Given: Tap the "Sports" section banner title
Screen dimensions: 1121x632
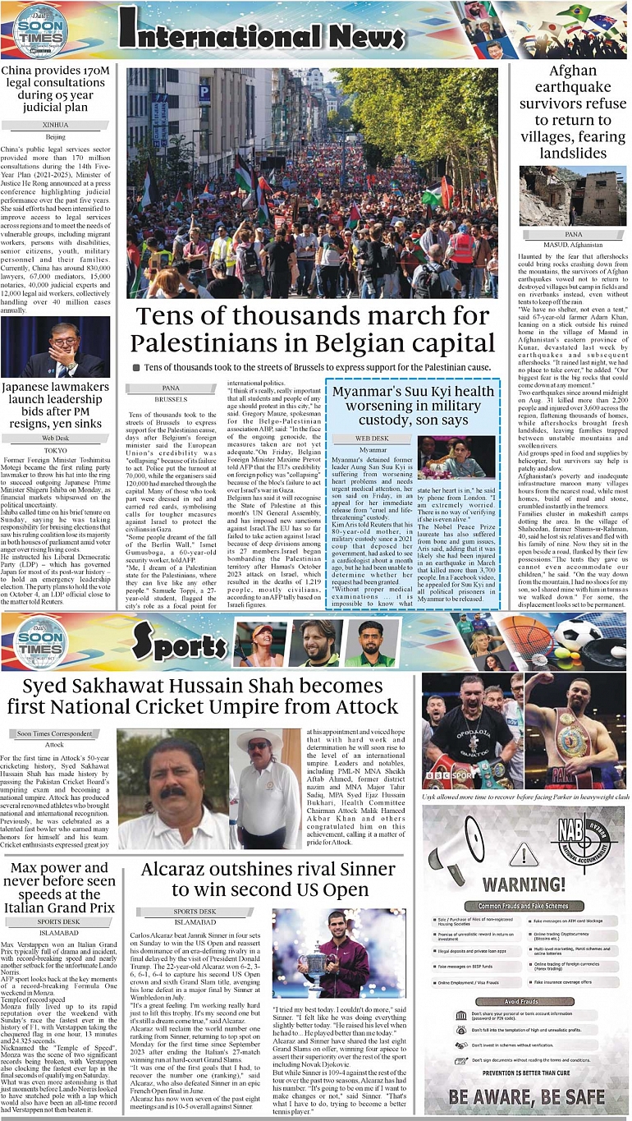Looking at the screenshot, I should pyautogui.click(x=179, y=645).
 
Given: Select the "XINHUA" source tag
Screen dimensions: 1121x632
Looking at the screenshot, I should pyautogui.click(x=56, y=125).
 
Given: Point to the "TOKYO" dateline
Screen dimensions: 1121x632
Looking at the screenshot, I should pyautogui.click(x=56, y=450).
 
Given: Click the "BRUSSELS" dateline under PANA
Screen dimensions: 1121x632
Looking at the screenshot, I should pyautogui.click(x=171, y=398).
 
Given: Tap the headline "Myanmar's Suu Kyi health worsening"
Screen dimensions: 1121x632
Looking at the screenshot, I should pyautogui.click(x=413, y=406).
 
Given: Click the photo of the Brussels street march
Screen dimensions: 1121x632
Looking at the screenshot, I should pyautogui.click(x=312, y=182).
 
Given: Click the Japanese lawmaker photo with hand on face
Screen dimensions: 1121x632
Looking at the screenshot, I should pyautogui.click(x=56, y=347).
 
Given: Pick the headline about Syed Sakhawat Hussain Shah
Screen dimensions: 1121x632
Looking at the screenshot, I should pyautogui.click(x=203, y=696).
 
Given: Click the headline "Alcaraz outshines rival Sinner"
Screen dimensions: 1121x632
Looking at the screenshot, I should pyautogui.click(x=267, y=879).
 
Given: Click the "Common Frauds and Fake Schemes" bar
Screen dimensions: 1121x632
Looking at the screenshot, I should pyautogui.click(x=523, y=906).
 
